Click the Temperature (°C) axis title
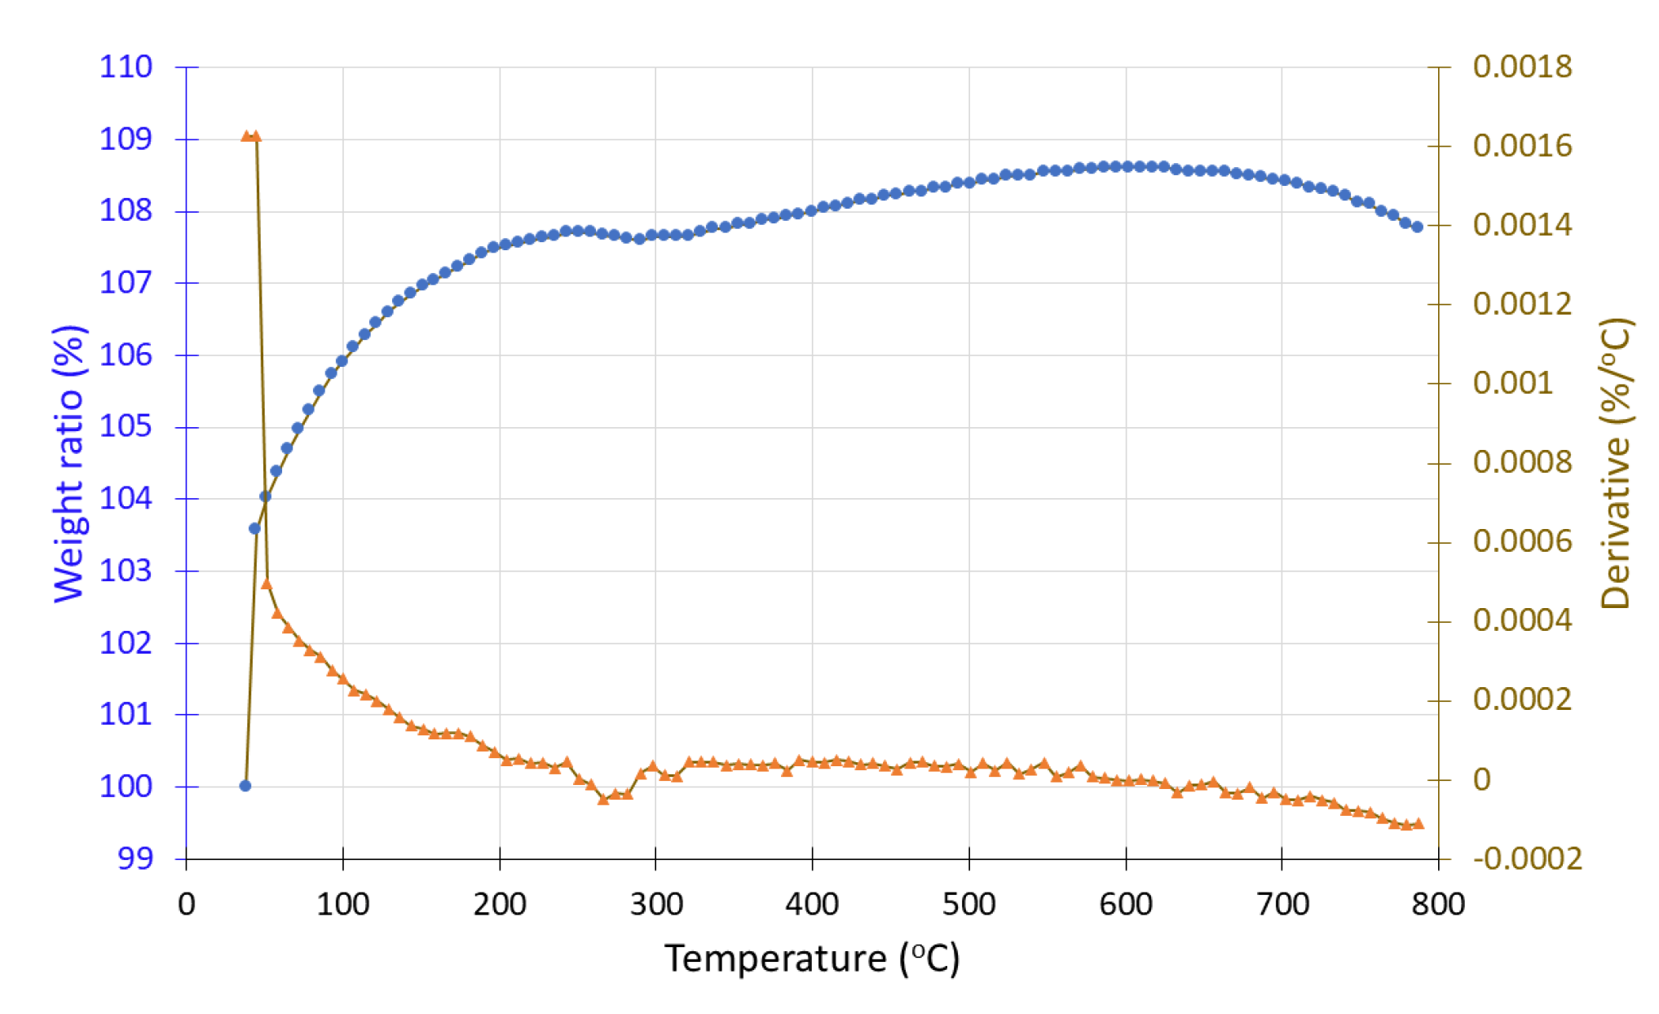812,959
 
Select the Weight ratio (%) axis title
70,464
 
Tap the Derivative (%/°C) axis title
1616,464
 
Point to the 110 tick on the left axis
126,67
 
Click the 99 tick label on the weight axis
135,858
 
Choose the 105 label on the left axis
126,426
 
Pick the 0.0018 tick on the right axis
1522,67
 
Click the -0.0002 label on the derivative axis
1527,858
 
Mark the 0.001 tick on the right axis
1513,383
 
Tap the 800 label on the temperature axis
1438,904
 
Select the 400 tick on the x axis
812,904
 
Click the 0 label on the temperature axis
187,904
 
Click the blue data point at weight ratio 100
245,786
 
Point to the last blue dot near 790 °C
1418,227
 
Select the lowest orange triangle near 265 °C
603,800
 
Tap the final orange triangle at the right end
1419,824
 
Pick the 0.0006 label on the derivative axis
1522,541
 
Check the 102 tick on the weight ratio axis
126,643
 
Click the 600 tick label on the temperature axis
1125,904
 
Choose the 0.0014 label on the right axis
1522,225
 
